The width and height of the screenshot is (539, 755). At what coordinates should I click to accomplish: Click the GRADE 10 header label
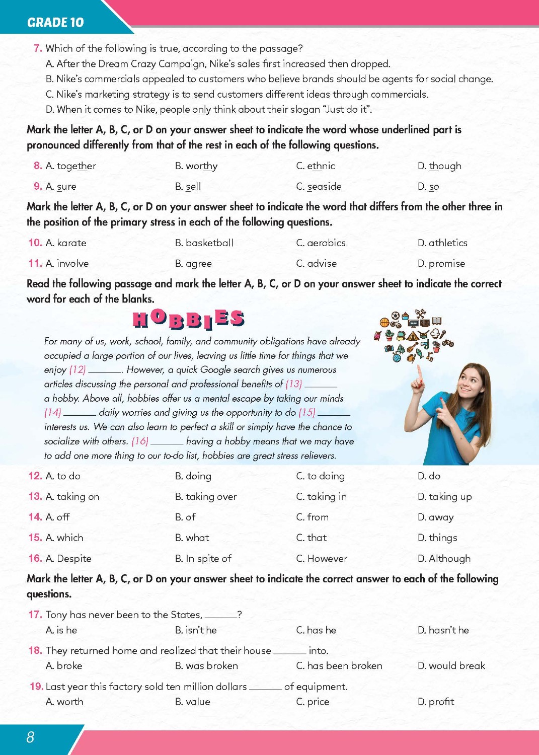(55, 22)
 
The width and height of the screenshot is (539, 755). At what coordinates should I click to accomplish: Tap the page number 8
(30, 737)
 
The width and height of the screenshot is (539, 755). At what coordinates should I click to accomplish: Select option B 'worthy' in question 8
(196, 166)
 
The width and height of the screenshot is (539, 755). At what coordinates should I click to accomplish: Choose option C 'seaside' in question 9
(319, 187)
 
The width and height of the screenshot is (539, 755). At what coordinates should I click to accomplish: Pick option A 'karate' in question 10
(66, 243)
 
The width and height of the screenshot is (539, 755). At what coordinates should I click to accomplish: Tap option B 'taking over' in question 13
(206, 497)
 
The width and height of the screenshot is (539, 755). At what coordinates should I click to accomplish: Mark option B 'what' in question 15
(192, 538)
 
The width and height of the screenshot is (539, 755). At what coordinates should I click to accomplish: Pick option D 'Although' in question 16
(444, 559)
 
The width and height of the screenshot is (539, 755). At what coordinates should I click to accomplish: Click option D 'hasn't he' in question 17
(443, 630)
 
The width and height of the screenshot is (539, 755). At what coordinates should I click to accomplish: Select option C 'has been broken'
(339, 666)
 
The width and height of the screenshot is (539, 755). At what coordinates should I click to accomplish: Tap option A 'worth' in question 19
(64, 702)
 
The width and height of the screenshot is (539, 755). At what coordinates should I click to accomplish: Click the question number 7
(38, 48)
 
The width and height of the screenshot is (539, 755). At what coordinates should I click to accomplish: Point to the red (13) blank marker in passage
(293, 384)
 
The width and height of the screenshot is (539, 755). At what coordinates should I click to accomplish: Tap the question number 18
(35, 650)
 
